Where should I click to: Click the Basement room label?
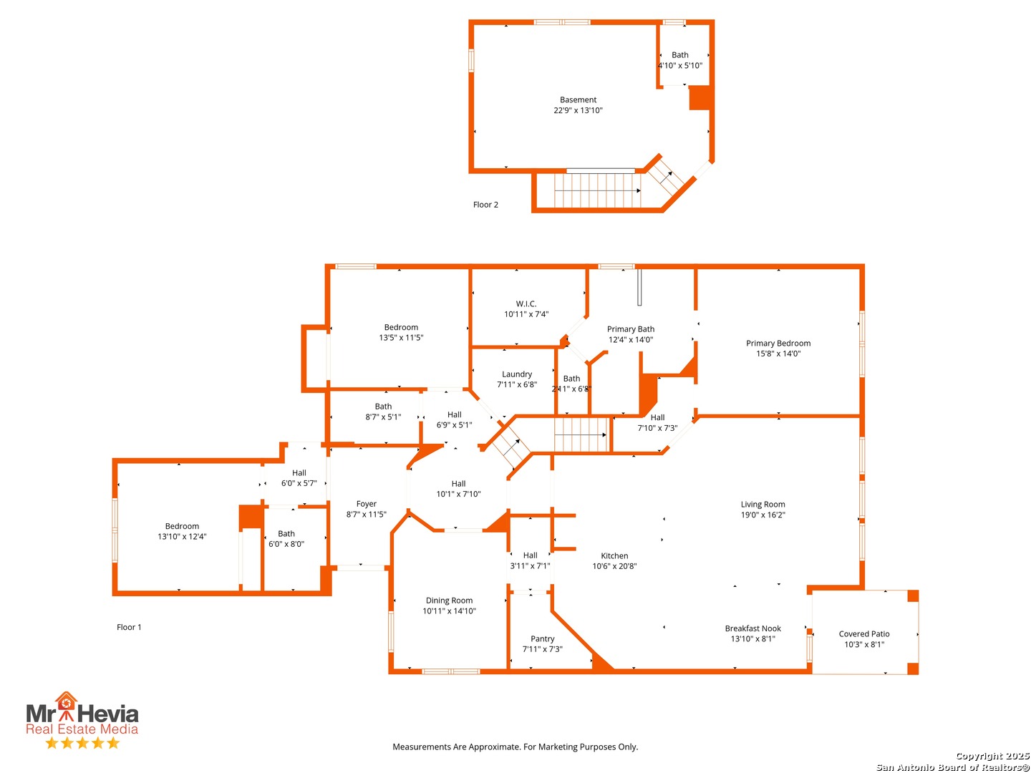pyautogui.click(x=578, y=100)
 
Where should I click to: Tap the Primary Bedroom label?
pyautogui.click(x=778, y=344)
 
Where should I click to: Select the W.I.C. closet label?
pyautogui.click(x=526, y=304)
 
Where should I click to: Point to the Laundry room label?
pyautogui.click(x=517, y=374)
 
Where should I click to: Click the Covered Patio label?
pyautogui.click(x=864, y=634)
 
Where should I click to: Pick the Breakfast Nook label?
pyautogui.click(x=752, y=629)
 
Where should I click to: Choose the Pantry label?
pyautogui.click(x=543, y=639)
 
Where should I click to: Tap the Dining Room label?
pyautogui.click(x=449, y=601)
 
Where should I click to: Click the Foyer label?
pyautogui.click(x=367, y=505)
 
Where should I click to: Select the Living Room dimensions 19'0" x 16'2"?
pyautogui.click(x=763, y=515)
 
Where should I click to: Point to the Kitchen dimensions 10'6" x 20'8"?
pyautogui.click(x=614, y=567)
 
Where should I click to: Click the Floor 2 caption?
pyautogui.click(x=485, y=205)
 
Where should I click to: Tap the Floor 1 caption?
pyautogui.click(x=129, y=628)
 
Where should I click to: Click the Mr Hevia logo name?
pyautogui.click(x=82, y=714)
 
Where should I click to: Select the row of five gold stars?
pyautogui.click(x=82, y=743)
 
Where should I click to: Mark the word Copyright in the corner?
pyautogui.click(x=977, y=757)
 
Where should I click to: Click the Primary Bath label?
pyautogui.click(x=631, y=329)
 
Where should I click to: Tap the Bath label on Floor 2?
pyautogui.click(x=680, y=55)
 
